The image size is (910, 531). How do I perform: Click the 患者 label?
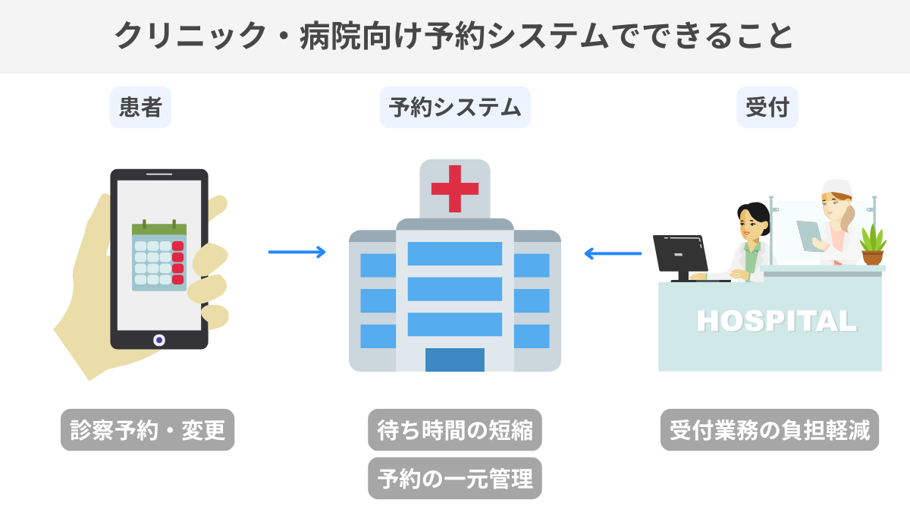140,107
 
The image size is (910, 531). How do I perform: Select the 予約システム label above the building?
454,107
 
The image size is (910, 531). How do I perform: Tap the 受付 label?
767,107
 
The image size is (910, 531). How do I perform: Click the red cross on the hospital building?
454,188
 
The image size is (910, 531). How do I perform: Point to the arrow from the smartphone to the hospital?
297,252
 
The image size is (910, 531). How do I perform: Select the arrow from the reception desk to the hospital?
613,253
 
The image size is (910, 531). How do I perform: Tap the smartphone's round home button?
159,340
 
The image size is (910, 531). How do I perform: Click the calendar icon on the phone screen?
159,256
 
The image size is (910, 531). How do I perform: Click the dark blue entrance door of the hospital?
454,360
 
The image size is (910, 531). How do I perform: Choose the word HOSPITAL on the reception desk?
777,321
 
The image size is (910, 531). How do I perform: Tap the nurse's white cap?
837,187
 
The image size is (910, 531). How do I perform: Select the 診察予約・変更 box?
148,430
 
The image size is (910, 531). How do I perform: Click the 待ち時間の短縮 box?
454,430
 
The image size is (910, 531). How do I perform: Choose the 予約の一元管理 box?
454,478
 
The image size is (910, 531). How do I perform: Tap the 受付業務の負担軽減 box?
769,430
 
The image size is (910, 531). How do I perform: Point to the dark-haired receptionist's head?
753,219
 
